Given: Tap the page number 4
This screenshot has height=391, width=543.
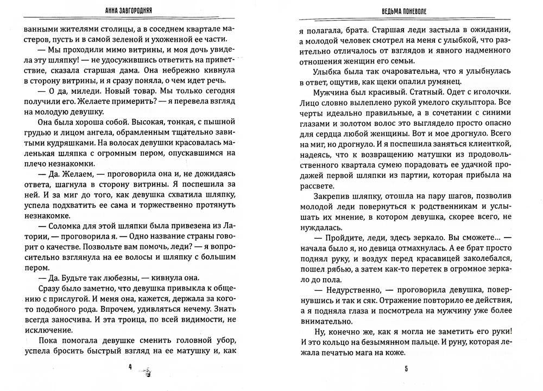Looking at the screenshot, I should click(130, 367).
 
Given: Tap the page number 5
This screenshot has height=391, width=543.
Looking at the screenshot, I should click(406, 369).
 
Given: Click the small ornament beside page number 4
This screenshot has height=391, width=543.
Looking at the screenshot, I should click(146, 370).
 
